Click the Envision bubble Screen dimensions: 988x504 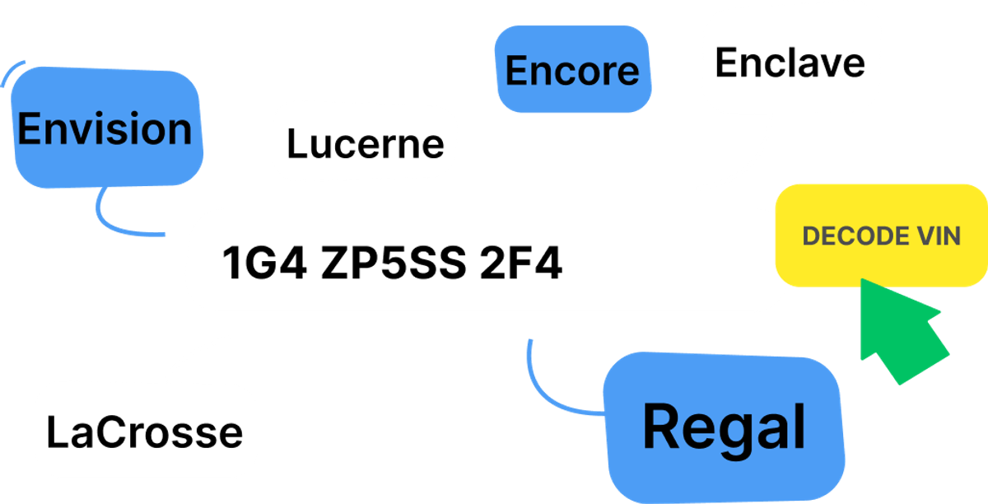[107, 128]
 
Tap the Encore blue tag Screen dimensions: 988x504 [573, 69]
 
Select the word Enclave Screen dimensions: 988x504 [790, 63]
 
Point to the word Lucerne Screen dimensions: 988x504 [366, 144]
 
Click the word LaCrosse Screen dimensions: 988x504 [145, 432]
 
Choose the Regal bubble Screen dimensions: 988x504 [724, 427]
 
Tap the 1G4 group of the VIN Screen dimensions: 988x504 [264, 263]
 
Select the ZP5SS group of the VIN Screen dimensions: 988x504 [394, 263]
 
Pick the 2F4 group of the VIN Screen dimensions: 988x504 [521, 263]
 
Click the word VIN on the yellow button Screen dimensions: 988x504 [939, 236]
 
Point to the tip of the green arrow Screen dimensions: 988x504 [861, 279]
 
